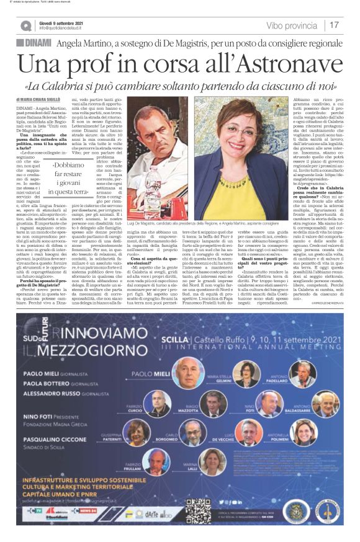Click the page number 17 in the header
tap(335, 25)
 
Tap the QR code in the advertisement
tap(199, 511)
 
